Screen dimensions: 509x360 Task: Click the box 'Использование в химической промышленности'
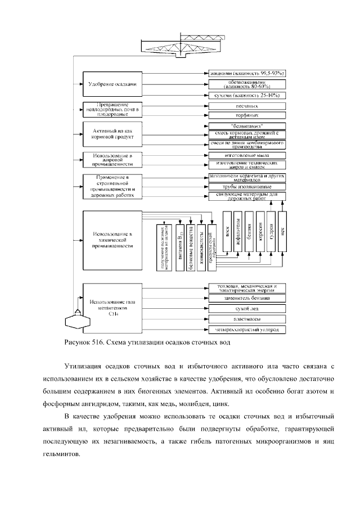pos(111,240)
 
